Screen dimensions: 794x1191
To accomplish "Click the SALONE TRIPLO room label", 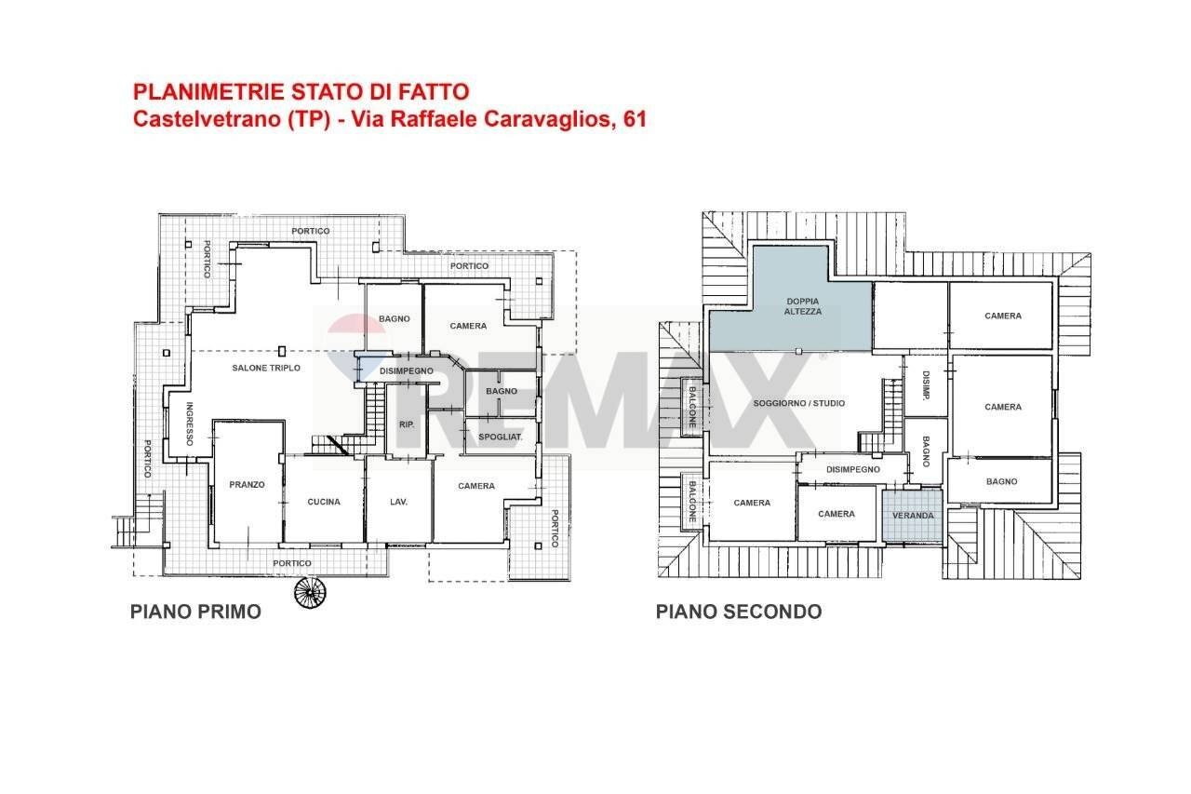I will [x=266, y=368].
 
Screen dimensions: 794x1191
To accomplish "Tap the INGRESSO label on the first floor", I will [x=190, y=424].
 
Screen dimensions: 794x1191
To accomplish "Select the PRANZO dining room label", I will [x=248, y=484].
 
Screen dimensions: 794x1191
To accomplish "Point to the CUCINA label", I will [x=324, y=502].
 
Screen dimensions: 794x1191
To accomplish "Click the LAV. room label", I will [x=398, y=502].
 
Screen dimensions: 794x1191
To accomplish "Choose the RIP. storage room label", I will [x=407, y=424].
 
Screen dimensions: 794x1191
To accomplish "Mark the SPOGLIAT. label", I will [x=501, y=437].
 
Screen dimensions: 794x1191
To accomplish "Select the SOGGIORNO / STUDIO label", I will [x=800, y=403].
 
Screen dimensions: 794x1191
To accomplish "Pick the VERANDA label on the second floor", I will [x=913, y=516].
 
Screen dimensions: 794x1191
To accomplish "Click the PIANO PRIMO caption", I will [x=195, y=612].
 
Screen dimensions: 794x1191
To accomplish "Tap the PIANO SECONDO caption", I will [x=739, y=612].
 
